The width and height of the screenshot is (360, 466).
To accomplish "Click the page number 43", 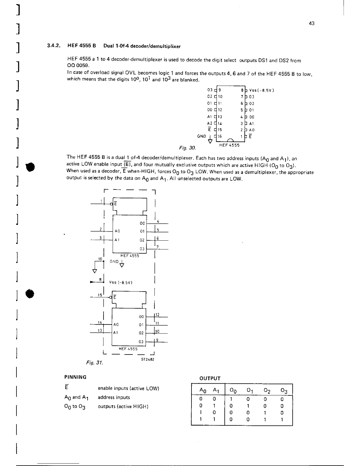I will click(x=312, y=24).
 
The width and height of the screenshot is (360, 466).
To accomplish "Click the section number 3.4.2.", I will click(x=53, y=46).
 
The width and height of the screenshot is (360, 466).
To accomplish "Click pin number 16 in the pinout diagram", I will click(x=220, y=136).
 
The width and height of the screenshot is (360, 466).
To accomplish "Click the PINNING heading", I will click(x=75, y=377).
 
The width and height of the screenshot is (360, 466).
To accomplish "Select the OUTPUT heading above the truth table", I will click(x=210, y=378).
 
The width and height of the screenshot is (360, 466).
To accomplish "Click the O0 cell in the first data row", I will click(x=231, y=400).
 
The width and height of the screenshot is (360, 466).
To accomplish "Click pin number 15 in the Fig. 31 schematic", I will click(x=100, y=295).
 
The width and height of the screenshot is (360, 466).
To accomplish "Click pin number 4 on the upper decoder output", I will click(x=158, y=221).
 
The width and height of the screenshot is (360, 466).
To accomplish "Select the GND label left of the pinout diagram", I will click(x=202, y=136).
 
